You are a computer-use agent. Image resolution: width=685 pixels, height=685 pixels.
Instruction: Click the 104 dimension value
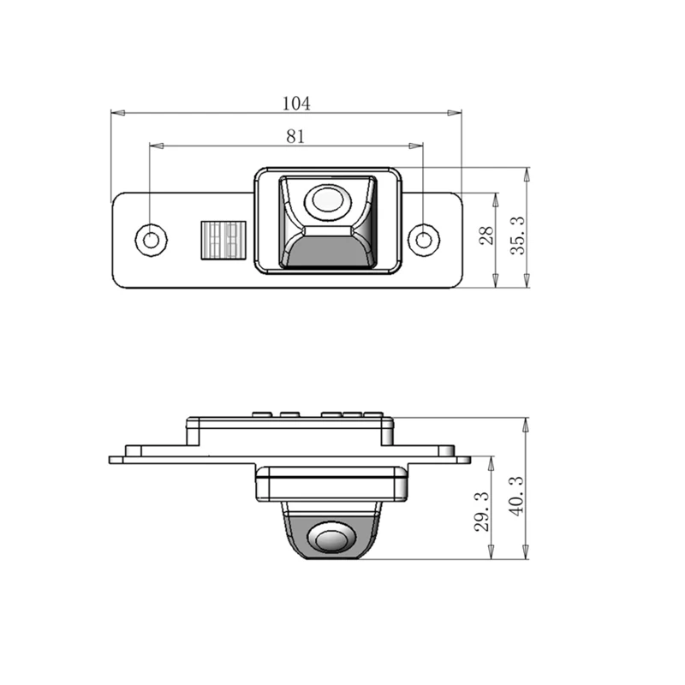coord(296,104)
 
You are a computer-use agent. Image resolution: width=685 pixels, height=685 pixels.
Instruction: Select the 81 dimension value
coord(295,137)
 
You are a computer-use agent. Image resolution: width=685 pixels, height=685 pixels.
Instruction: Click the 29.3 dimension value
coord(481,511)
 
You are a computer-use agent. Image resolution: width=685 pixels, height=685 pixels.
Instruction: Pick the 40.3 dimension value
coord(516,496)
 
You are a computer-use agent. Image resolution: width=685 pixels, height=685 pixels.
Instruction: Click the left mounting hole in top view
coord(151,240)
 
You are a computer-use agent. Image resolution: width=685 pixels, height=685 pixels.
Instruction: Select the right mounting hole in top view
coord(423,240)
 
